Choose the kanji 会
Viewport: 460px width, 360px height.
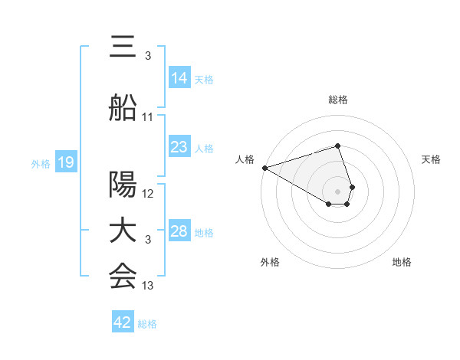(123, 277)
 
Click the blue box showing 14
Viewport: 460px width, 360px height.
(179, 77)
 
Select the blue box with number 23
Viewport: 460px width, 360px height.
(179, 147)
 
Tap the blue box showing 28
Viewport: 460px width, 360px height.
(179, 231)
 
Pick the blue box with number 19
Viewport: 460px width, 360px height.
(66, 162)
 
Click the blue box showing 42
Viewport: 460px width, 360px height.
(123, 322)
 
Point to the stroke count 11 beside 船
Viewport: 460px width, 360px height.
(148, 117)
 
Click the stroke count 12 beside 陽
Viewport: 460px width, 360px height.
(148, 194)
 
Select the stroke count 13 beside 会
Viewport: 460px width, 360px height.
(148, 286)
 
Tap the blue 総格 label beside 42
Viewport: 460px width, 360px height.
(147, 324)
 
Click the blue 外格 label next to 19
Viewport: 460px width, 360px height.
(41, 163)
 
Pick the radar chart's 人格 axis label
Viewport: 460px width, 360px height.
(245, 159)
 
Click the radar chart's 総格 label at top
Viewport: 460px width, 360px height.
(337, 100)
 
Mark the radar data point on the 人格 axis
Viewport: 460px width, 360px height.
(264, 168)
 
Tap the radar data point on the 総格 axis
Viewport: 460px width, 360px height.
(337, 146)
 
